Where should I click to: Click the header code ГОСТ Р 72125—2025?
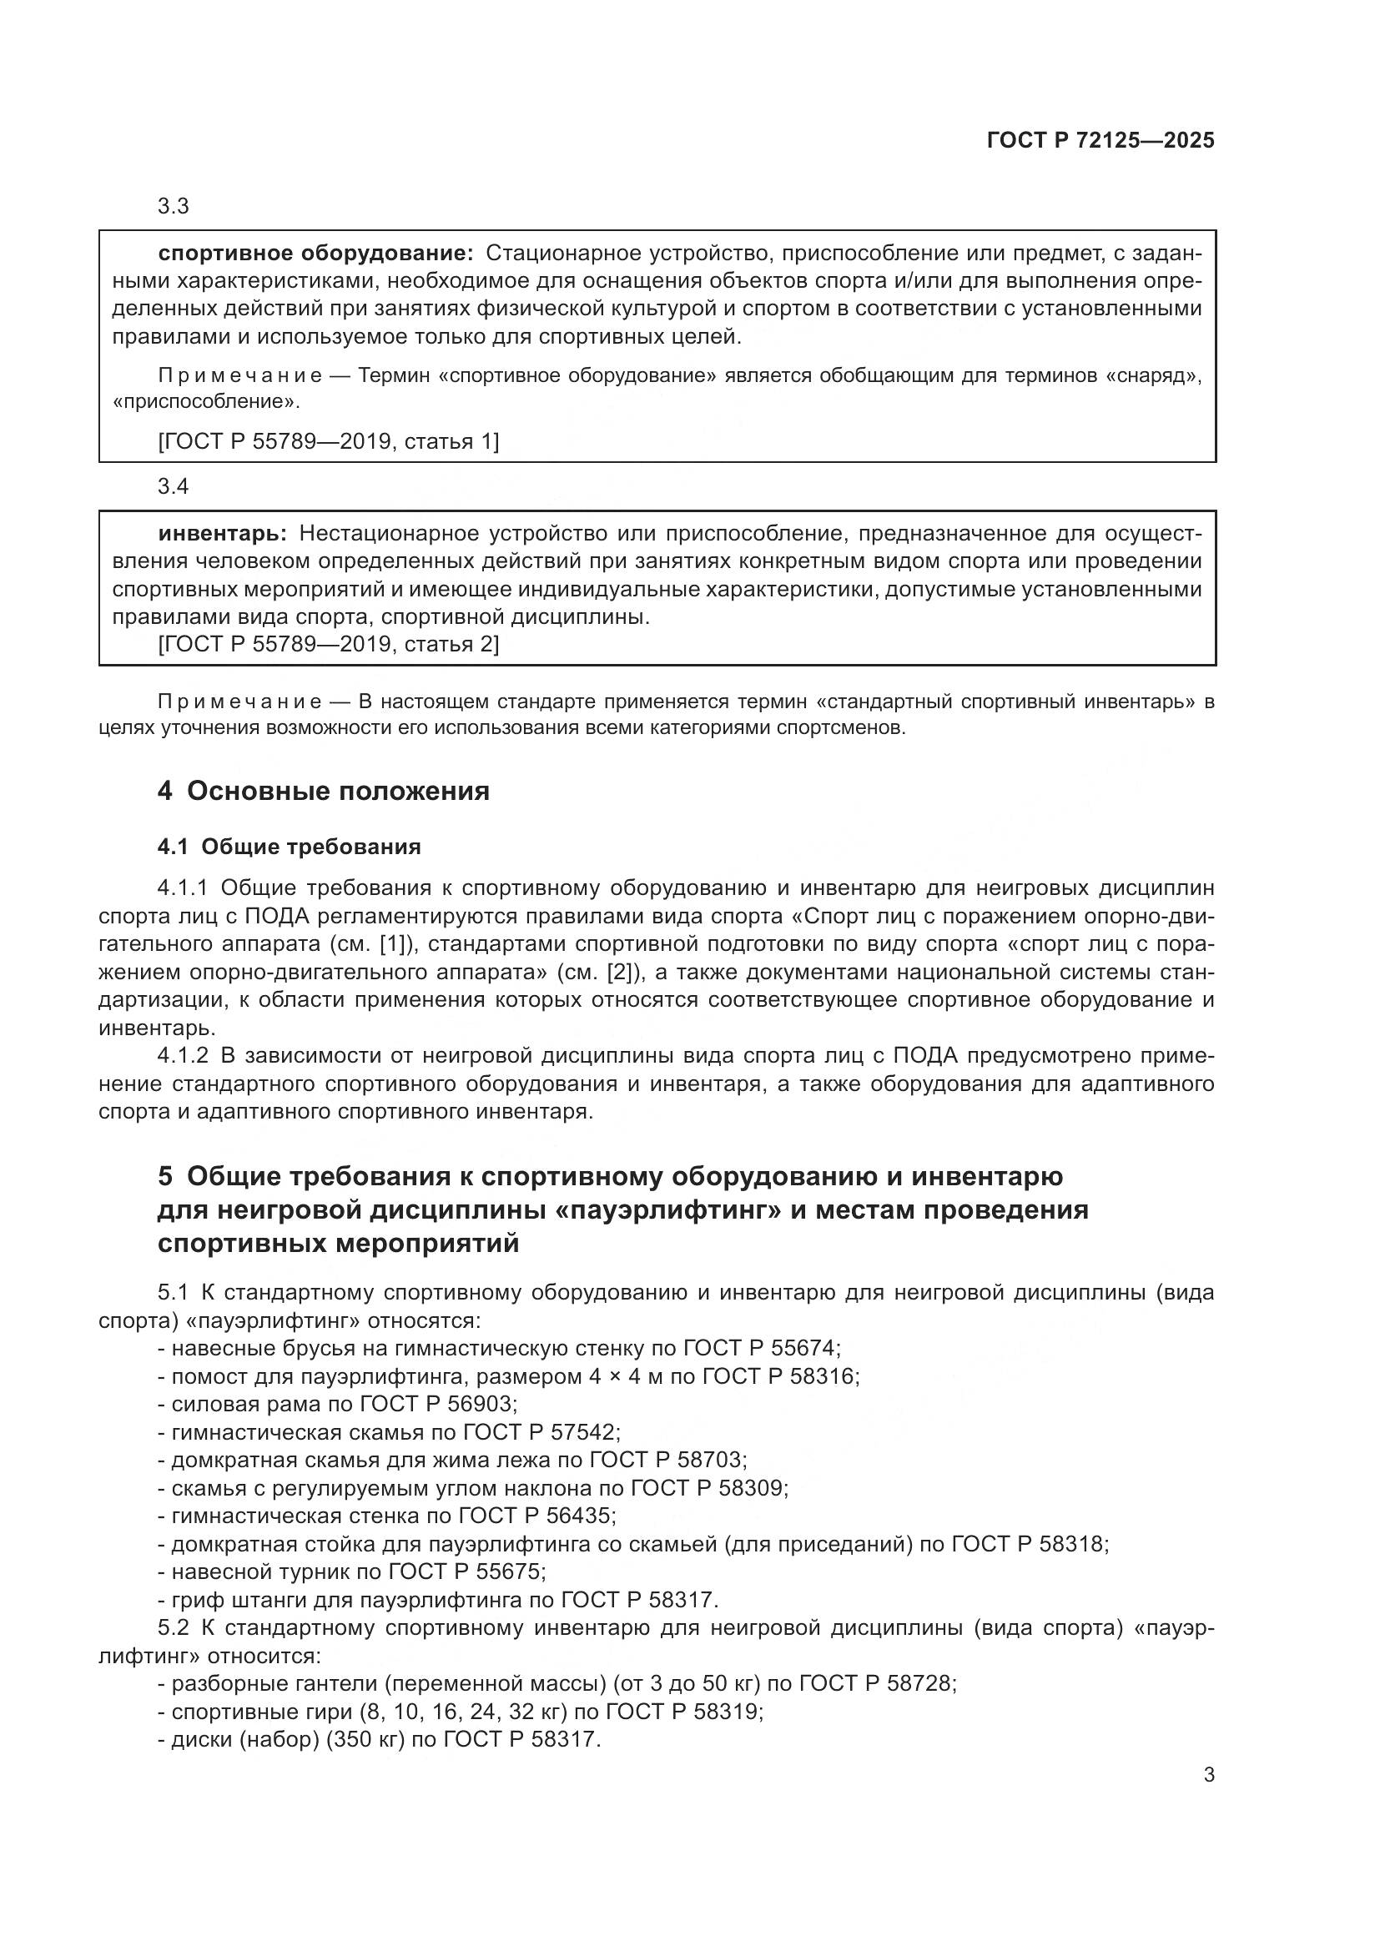click(1100, 140)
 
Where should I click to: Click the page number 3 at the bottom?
click(1208, 1775)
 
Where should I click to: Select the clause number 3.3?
click(174, 207)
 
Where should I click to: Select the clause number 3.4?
click(174, 487)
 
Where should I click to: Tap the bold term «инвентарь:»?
click(223, 534)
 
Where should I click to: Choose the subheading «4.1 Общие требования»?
click(289, 847)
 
